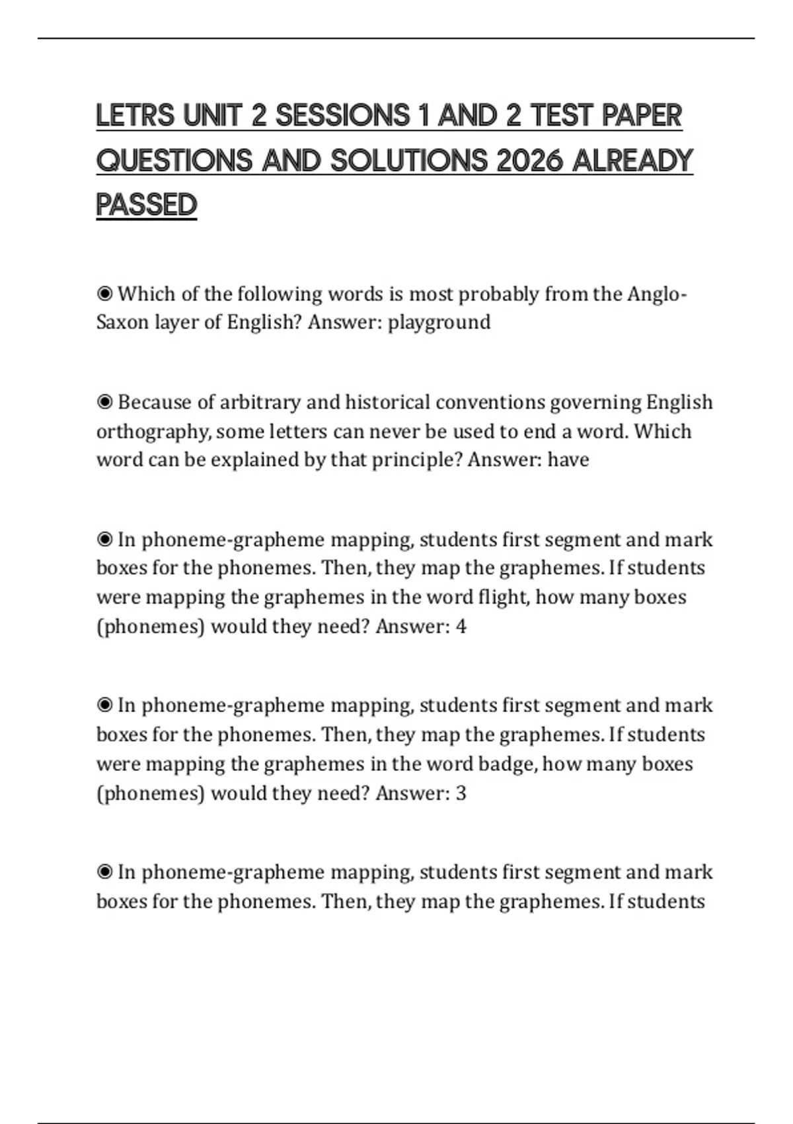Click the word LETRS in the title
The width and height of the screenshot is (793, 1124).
pos(135,116)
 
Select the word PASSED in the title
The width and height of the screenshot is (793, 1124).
pos(147,205)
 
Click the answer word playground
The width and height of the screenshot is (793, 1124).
pos(439,323)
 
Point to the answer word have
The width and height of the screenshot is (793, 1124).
pos(568,460)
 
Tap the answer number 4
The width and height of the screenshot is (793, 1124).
pos(461,626)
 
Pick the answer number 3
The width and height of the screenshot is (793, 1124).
pos(461,793)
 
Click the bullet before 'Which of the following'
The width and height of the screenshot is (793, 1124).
pos(104,293)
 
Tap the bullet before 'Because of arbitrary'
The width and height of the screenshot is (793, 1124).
pos(104,402)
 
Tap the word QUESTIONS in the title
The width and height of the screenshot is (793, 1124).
pos(174,161)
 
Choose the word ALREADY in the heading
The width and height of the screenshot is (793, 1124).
pos(632,161)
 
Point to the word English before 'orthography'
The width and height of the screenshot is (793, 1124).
pos(679,402)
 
